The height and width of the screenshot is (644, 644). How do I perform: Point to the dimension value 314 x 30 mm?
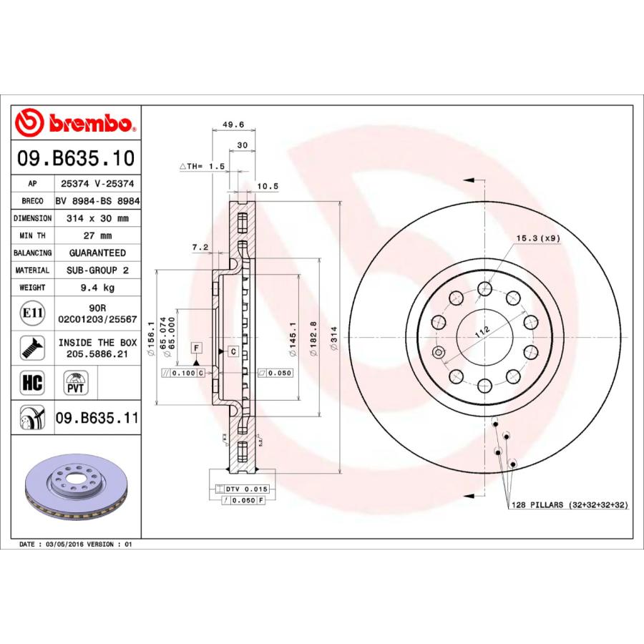tap(97, 218)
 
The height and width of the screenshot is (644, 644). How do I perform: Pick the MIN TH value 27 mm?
tap(97, 235)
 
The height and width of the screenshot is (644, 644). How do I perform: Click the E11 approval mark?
tap(31, 313)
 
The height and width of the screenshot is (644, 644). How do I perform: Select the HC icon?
tap(32, 382)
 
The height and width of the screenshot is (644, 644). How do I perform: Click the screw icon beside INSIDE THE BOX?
tap(31, 348)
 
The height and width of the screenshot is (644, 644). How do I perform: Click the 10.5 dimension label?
tap(267, 186)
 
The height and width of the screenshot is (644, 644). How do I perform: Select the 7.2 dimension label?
tap(200, 248)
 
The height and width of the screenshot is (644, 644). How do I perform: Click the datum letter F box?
tap(194, 348)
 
